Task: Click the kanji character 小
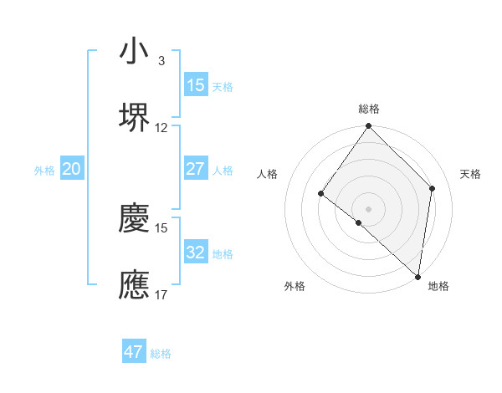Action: click(134, 51)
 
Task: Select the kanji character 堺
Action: click(134, 117)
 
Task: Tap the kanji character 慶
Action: click(134, 219)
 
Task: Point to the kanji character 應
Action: click(134, 284)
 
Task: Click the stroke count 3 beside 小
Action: click(161, 61)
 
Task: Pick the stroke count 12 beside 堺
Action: click(161, 128)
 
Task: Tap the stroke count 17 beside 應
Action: click(161, 294)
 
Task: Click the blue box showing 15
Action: click(195, 85)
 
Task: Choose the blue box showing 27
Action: click(195, 169)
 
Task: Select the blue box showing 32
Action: click(195, 252)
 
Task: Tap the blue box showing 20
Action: click(71, 169)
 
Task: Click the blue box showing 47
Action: click(134, 352)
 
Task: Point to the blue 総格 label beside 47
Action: click(161, 354)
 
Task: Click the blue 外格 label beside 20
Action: click(44, 171)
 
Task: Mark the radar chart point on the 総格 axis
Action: click(368, 127)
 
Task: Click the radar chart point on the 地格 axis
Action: click(417, 277)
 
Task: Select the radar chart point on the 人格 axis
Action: click(320, 194)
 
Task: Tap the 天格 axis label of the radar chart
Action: click(470, 174)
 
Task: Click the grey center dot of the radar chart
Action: click(368, 208)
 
